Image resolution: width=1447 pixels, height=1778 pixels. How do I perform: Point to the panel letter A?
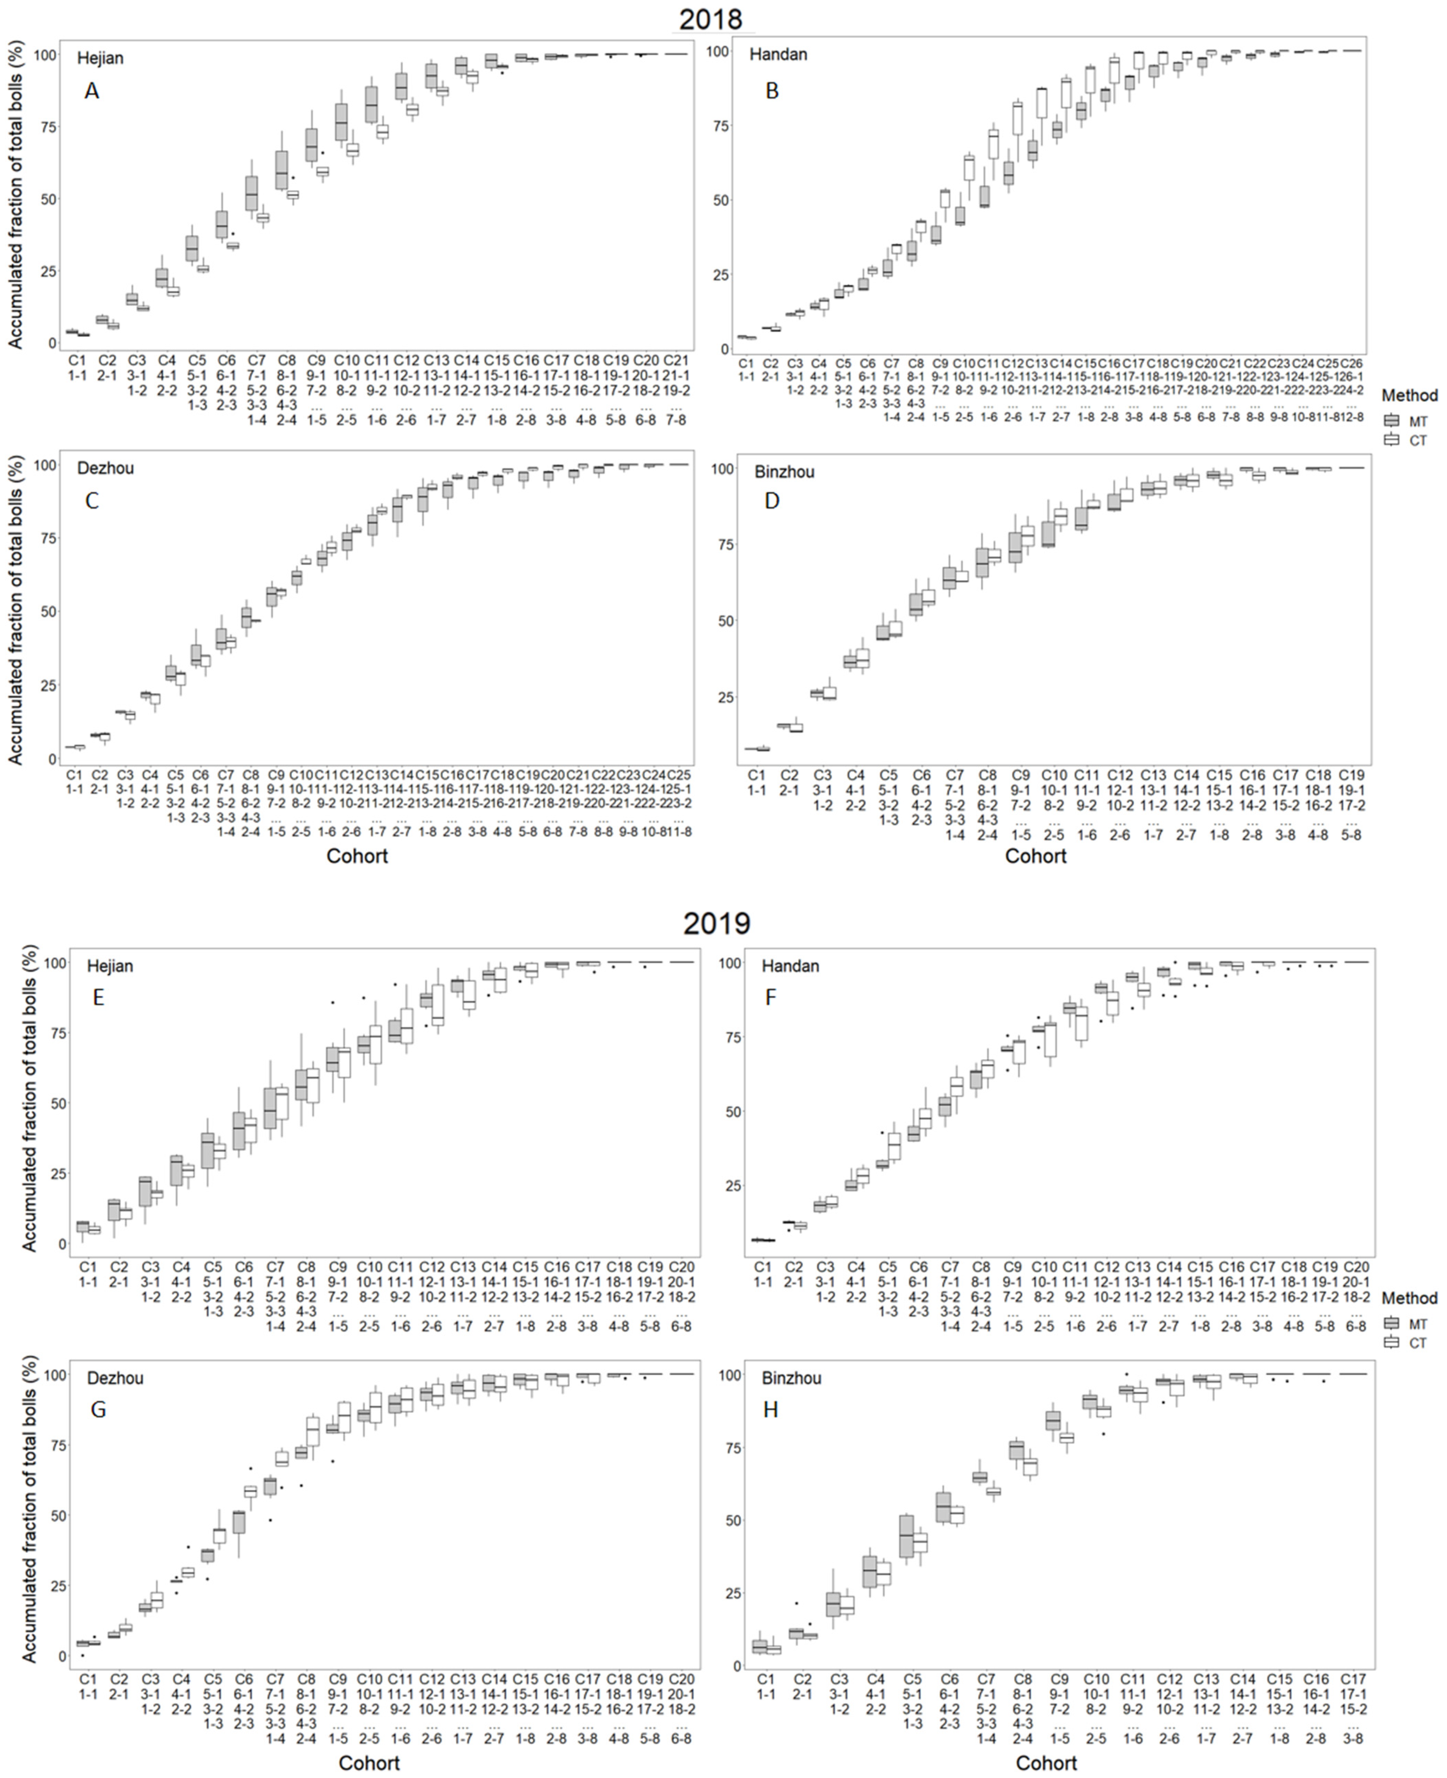click(x=92, y=91)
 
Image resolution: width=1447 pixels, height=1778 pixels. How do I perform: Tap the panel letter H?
click(x=771, y=1410)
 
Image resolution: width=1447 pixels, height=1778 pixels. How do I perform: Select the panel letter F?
click(x=771, y=997)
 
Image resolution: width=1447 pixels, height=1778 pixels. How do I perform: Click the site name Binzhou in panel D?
click(x=784, y=472)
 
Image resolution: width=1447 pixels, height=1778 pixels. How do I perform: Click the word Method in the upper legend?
click(x=1409, y=395)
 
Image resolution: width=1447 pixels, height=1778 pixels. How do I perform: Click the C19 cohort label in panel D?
click(x=1351, y=775)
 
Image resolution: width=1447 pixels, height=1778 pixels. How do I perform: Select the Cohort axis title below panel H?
click(x=1046, y=1763)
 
